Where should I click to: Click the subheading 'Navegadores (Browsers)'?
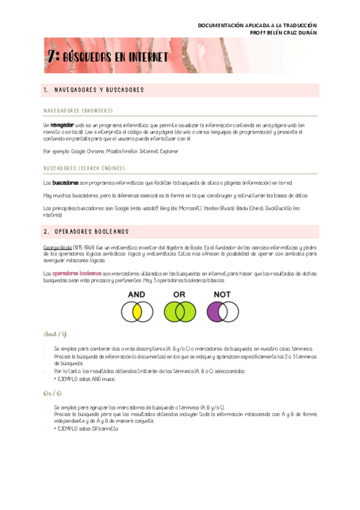(78, 111)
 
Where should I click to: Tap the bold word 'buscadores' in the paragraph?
(65, 182)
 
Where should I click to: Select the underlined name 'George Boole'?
(57, 247)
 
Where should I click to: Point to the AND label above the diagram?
(136, 295)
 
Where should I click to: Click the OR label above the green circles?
(178, 295)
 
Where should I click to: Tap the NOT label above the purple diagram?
(223, 295)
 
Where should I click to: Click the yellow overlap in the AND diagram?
(137, 312)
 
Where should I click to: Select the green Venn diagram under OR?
(179, 312)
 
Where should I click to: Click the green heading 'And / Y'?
(55, 334)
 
